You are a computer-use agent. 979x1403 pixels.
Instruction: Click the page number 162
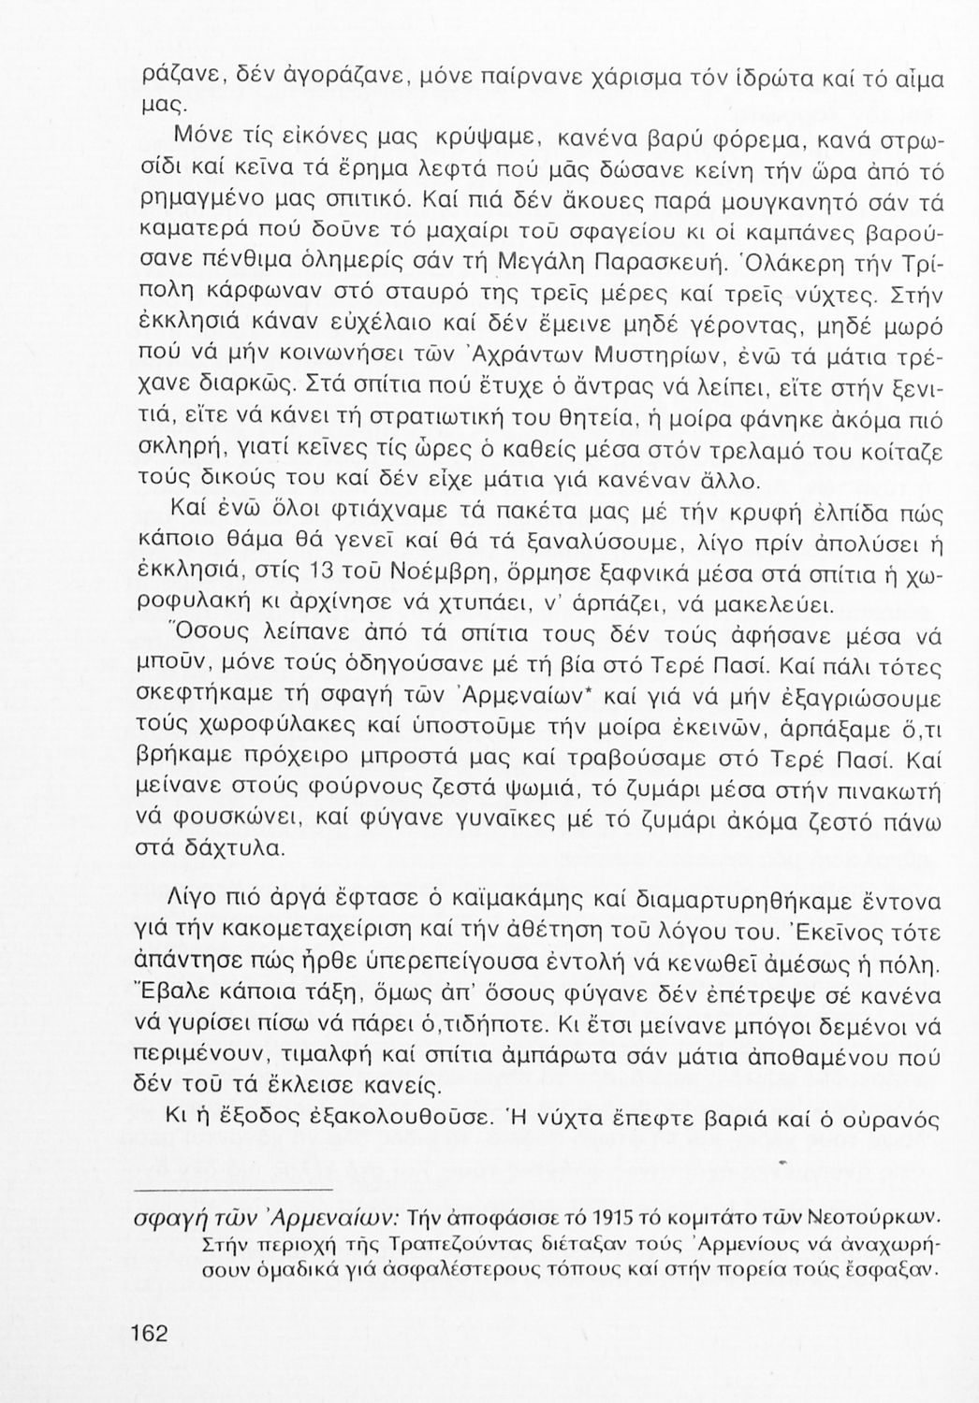click(149, 1333)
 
